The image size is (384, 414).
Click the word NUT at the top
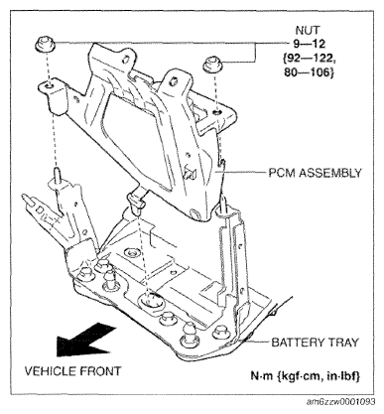tap(308, 31)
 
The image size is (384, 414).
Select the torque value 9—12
tap(309, 44)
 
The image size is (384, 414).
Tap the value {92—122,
tap(310, 58)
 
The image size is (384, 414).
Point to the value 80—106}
tap(309, 72)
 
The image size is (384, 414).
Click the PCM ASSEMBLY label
tap(315, 173)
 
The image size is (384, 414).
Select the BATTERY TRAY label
tap(315, 343)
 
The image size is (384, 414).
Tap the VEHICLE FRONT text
tap(73, 371)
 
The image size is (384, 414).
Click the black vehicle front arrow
tap(86, 341)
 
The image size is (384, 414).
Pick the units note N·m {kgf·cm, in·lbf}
tap(305, 376)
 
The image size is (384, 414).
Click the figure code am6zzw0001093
tap(341, 402)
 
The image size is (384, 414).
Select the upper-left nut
tap(45, 45)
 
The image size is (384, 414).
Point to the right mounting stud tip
tap(224, 199)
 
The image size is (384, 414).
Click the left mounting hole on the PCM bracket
tap(49, 86)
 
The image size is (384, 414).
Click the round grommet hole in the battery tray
tap(151, 300)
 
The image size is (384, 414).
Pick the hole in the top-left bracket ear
tap(125, 60)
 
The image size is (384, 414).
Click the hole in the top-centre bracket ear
tap(171, 81)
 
